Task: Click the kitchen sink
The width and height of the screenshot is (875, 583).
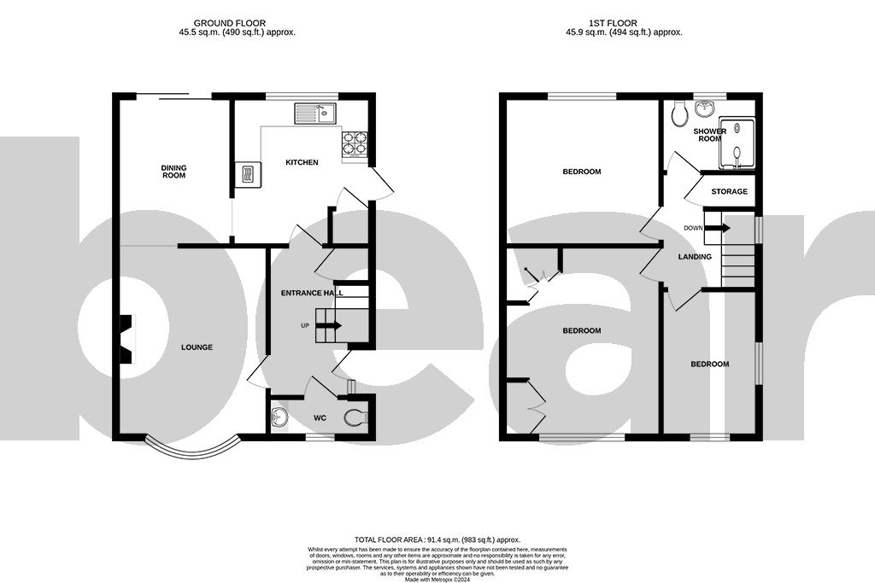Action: click(316, 113)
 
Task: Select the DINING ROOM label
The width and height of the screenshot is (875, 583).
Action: click(173, 172)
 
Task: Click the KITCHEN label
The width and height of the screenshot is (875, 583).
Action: click(302, 162)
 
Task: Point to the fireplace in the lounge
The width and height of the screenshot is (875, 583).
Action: click(126, 339)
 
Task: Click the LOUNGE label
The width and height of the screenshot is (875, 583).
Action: click(197, 347)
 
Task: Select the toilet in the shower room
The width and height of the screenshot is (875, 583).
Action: click(680, 114)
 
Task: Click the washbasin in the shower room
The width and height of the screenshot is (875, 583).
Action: click(706, 109)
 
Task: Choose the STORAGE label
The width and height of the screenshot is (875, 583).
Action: click(729, 191)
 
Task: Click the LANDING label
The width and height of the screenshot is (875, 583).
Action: click(695, 257)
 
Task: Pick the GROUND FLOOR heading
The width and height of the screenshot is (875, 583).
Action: click(229, 23)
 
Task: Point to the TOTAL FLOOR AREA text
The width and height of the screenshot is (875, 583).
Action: click(437, 540)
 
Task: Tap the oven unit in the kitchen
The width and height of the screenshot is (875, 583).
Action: click(247, 174)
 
